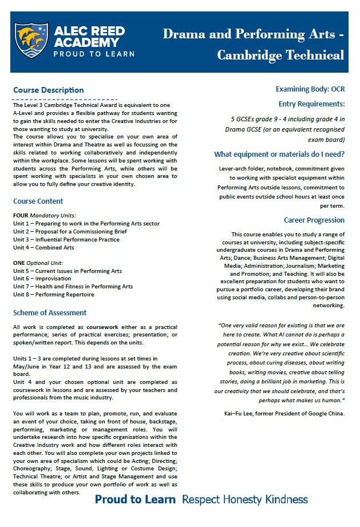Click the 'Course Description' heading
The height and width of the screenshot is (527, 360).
point(48,90)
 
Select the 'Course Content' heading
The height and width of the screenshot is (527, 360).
point(38,201)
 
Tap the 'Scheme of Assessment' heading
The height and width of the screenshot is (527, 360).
point(50,312)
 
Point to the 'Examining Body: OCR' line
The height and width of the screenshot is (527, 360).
point(310,89)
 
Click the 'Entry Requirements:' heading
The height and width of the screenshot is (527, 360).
point(311,104)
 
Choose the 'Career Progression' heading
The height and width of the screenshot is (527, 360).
point(314,220)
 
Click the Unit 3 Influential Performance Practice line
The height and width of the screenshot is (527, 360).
point(66,239)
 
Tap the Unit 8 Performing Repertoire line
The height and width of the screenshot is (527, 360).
point(54,295)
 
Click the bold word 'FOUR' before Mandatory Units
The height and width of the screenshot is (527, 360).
point(21,215)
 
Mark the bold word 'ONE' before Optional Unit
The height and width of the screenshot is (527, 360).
point(19,263)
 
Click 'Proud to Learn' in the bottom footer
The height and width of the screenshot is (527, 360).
point(135,500)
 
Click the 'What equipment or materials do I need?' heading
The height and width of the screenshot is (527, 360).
point(279,154)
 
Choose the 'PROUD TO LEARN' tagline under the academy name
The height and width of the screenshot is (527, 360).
point(94,54)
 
